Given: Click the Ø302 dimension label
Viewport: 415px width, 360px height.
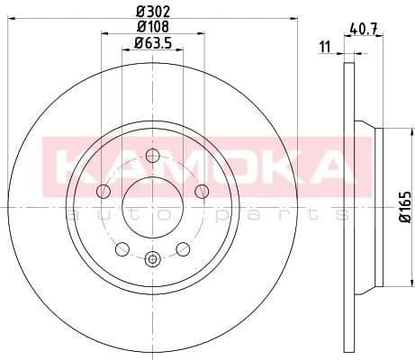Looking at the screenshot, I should coord(154,12).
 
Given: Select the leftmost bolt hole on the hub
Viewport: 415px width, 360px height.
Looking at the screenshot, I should coord(103,191).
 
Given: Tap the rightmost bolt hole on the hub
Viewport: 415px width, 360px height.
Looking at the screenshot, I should coord(202,190).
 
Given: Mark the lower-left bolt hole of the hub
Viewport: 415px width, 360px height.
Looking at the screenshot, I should coord(122,248).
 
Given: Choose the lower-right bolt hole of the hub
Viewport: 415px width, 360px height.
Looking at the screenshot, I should coord(183,248).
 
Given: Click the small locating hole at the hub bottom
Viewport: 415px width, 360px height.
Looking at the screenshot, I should coord(152,260).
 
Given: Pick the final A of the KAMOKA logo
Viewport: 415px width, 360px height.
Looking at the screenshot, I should coord(326,167).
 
